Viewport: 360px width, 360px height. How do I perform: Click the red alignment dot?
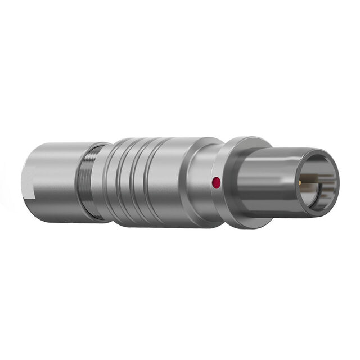215,182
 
